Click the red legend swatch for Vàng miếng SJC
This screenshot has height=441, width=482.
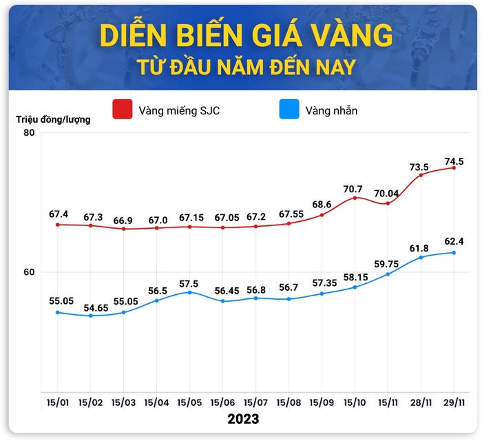coord(122,110)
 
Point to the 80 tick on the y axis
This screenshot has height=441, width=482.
coord(29,132)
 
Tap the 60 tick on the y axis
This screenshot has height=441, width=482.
coord(29,272)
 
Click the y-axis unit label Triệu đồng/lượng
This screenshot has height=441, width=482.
coord(53,119)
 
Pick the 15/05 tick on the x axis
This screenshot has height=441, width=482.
coord(189,402)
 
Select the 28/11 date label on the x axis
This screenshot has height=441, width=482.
coord(421,402)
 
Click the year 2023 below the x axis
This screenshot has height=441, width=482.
coord(243,419)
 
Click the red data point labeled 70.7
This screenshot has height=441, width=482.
coord(355,198)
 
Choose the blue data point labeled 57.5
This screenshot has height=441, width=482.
coord(189,292)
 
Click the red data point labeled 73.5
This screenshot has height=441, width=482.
coord(421,174)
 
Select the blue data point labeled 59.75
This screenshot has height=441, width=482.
coord(388,274)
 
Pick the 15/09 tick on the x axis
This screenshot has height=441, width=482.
coord(322,402)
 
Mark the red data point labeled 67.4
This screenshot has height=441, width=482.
coord(57,225)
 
